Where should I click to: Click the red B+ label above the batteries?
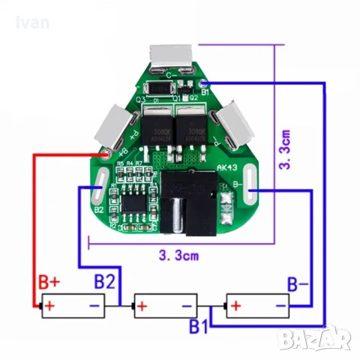(49, 283)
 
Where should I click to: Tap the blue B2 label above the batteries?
(105, 283)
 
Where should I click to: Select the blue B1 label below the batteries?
(198, 327)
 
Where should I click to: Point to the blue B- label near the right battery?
(298, 284)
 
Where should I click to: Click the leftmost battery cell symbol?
(73, 306)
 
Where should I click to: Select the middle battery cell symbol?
(165, 306)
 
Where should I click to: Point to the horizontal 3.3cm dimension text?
(178, 256)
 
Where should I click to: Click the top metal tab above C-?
(172, 57)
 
